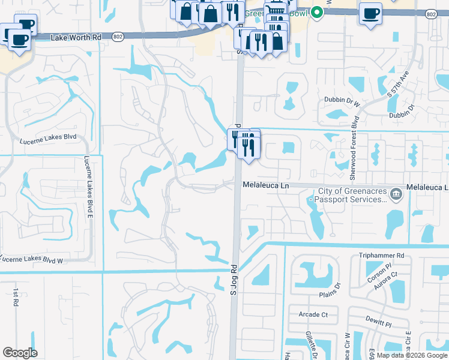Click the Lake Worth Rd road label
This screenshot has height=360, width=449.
point(76,37)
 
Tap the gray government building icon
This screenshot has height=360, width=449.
point(396,194)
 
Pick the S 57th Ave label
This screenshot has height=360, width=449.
point(397,85)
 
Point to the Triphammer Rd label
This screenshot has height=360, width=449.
point(382,255)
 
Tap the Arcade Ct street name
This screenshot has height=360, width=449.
point(313,314)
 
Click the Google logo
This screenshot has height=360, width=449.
point(20,353)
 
